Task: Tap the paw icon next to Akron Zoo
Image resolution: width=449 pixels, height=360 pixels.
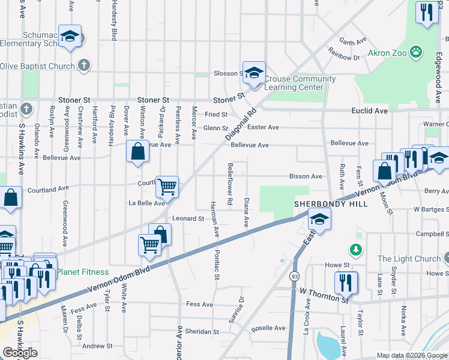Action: pos(415,52)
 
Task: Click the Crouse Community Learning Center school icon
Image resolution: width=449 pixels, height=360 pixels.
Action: pos(254,73)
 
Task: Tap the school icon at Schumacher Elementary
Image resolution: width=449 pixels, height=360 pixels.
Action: pos(70,36)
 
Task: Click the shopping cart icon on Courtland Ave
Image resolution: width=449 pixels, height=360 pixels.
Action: pos(167,187)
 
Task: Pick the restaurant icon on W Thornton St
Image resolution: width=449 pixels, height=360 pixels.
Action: pos(346,282)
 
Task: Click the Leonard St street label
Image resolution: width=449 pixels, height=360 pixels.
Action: pos(188,218)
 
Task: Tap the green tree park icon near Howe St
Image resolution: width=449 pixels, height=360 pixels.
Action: pos(357,248)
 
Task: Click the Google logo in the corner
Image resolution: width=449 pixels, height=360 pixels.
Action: pos(20,353)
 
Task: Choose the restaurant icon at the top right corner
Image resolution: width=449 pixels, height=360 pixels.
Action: pos(426,12)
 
